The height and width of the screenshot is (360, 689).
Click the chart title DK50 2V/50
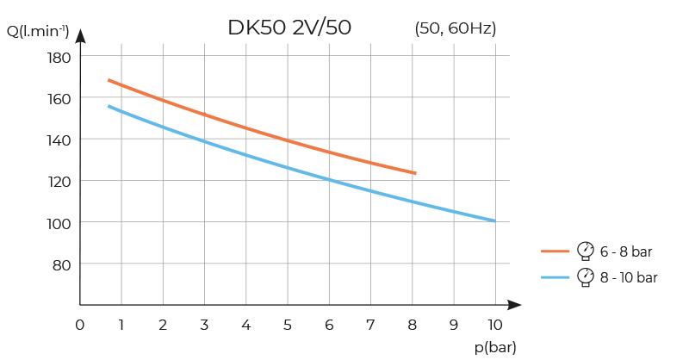pyautogui.click(x=289, y=28)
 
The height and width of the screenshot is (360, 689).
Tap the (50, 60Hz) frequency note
pyautogui.click(x=456, y=28)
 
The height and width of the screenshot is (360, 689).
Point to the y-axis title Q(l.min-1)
pyautogui.click(x=38, y=33)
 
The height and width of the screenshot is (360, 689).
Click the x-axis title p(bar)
pyautogui.click(x=495, y=347)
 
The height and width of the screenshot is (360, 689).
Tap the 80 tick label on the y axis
pyautogui.click(x=61, y=264)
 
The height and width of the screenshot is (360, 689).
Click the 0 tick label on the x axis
pyautogui.click(x=79, y=325)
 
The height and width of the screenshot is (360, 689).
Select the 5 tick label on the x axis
pyautogui.click(x=288, y=325)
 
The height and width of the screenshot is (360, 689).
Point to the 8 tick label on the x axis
pyautogui.click(x=413, y=325)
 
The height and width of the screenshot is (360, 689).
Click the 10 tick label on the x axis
pyautogui.click(x=494, y=325)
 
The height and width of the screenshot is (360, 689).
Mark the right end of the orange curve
pyautogui.click(x=415, y=173)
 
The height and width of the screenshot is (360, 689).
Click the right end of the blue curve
pyautogui.click(x=494, y=220)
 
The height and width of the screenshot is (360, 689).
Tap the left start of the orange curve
pyautogui.click(x=109, y=80)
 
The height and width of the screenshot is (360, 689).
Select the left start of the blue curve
pyautogui.click(x=109, y=106)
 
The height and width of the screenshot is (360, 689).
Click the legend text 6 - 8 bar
pyautogui.click(x=626, y=251)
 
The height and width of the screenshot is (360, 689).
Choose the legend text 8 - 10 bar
pyautogui.click(x=629, y=277)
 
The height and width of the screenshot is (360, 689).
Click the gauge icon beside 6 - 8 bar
pyautogui.click(x=586, y=250)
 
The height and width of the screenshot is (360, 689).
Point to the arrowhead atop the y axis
pyautogui.click(x=80, y=36)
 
